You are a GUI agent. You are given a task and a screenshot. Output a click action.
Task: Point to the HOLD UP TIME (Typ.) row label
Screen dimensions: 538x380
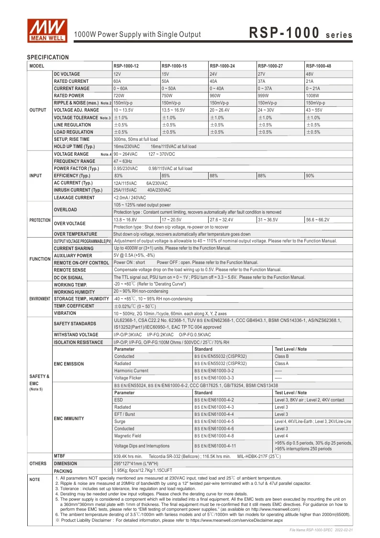point(74,147)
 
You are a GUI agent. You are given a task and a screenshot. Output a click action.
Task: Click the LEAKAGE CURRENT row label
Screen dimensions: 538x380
point(74,197)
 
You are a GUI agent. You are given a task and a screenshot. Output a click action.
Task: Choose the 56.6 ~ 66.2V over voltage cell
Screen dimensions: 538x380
point(318,219)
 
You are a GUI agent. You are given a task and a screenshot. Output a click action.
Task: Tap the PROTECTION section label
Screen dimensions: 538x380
point(40,220)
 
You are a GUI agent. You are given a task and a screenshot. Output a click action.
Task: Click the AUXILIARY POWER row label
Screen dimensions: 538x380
point(73,255)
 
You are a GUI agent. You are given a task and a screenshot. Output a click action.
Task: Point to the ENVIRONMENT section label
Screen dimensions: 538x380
point(40,298)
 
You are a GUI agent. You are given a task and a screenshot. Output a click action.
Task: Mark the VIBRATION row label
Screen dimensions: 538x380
point(65,313)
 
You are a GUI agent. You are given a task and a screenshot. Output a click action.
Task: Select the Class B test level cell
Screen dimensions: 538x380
point(282,356)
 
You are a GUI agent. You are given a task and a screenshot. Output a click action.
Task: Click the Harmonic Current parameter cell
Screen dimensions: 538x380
point(131,371)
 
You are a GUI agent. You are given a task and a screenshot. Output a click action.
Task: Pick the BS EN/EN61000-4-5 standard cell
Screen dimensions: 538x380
point(214,422)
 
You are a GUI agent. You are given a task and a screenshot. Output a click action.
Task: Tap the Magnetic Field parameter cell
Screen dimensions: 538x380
point(127,436)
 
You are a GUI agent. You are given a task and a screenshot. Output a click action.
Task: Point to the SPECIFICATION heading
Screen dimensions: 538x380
point(48,57)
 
